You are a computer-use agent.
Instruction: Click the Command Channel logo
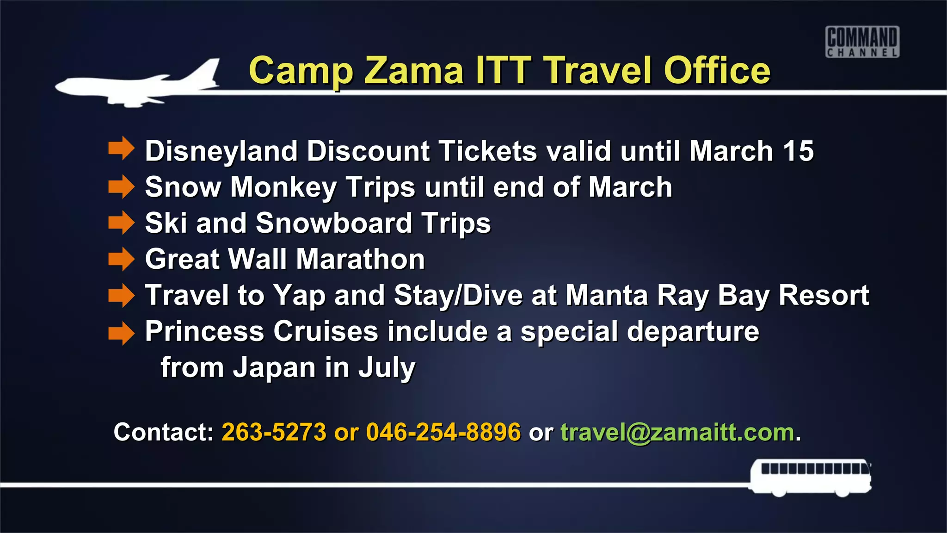[x=862, y=42]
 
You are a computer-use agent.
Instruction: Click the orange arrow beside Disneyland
[x=121, y=149]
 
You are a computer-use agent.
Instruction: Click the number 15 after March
[x=798, y=151]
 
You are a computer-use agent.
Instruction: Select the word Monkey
[x=283, y=187]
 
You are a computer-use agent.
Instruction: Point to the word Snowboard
[x=333, y=223]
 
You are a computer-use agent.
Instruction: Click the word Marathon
[x=360, y=259]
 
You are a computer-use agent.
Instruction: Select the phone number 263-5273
[x=274, y=432]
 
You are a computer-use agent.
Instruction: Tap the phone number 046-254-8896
[x=443, y=432]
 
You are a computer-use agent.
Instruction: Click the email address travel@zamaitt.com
[x=677, y=433]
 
